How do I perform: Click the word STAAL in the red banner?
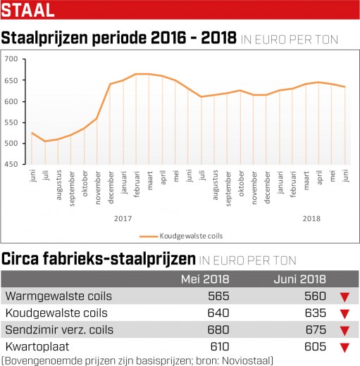pyautogui.click(x=27, y=10)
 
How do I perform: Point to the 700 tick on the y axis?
pyautogui.click(x=11, y=58)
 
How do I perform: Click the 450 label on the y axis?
pyautogui.click(x=11, y=164)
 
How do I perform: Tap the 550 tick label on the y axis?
pyautogui.click(x=11, y=122)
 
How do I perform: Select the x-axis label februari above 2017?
pyautogui.click(x=137, y=184)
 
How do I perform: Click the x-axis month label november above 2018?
pyautogui.click(x=254, y=188)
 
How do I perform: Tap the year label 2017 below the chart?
pyautogui.click(x=123, y=219)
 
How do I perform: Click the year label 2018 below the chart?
pyautogui.click(x=311, y=219)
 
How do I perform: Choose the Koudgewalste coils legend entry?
pyautogui.click(x=181, y=236)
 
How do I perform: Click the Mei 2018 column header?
pyautogui.click(x=205, y=279)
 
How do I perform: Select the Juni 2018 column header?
pyautogui.click(x=300, y=279)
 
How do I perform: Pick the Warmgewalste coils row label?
pyautogui.click(x=58, y=296)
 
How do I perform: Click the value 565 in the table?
pyautogui.click(x=218, y=296)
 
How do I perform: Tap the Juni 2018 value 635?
pyautogui.click(x=316, y=313)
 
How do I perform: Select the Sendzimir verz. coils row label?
pyautogui.click(x=59, y=330)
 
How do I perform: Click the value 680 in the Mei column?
pyautogui.click(x=218, y=330)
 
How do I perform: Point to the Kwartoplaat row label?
pyautogui.click(x=37, y=347)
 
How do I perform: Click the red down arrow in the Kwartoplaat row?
pyautogui.click(x=345, y=348)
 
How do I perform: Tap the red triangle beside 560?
pyautogui.click(x=345, y=297)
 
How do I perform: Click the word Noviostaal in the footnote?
pyautogui.click(x=246, y=360)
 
